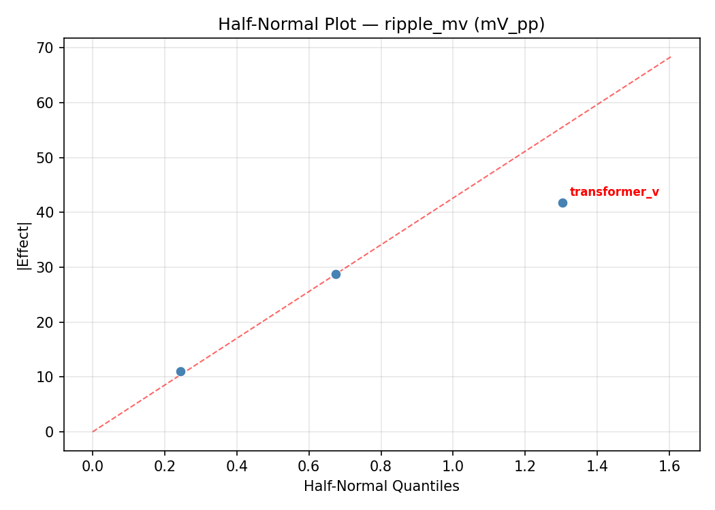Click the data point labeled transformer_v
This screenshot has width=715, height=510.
562,203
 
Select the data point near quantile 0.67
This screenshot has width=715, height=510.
336,274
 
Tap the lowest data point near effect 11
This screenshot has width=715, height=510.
180,371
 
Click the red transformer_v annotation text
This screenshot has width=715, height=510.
614,192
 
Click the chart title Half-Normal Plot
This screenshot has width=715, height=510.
381,24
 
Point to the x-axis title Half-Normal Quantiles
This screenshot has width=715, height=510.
381,486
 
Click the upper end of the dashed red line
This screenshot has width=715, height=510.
671,56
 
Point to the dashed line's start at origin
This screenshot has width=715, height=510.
93,431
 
